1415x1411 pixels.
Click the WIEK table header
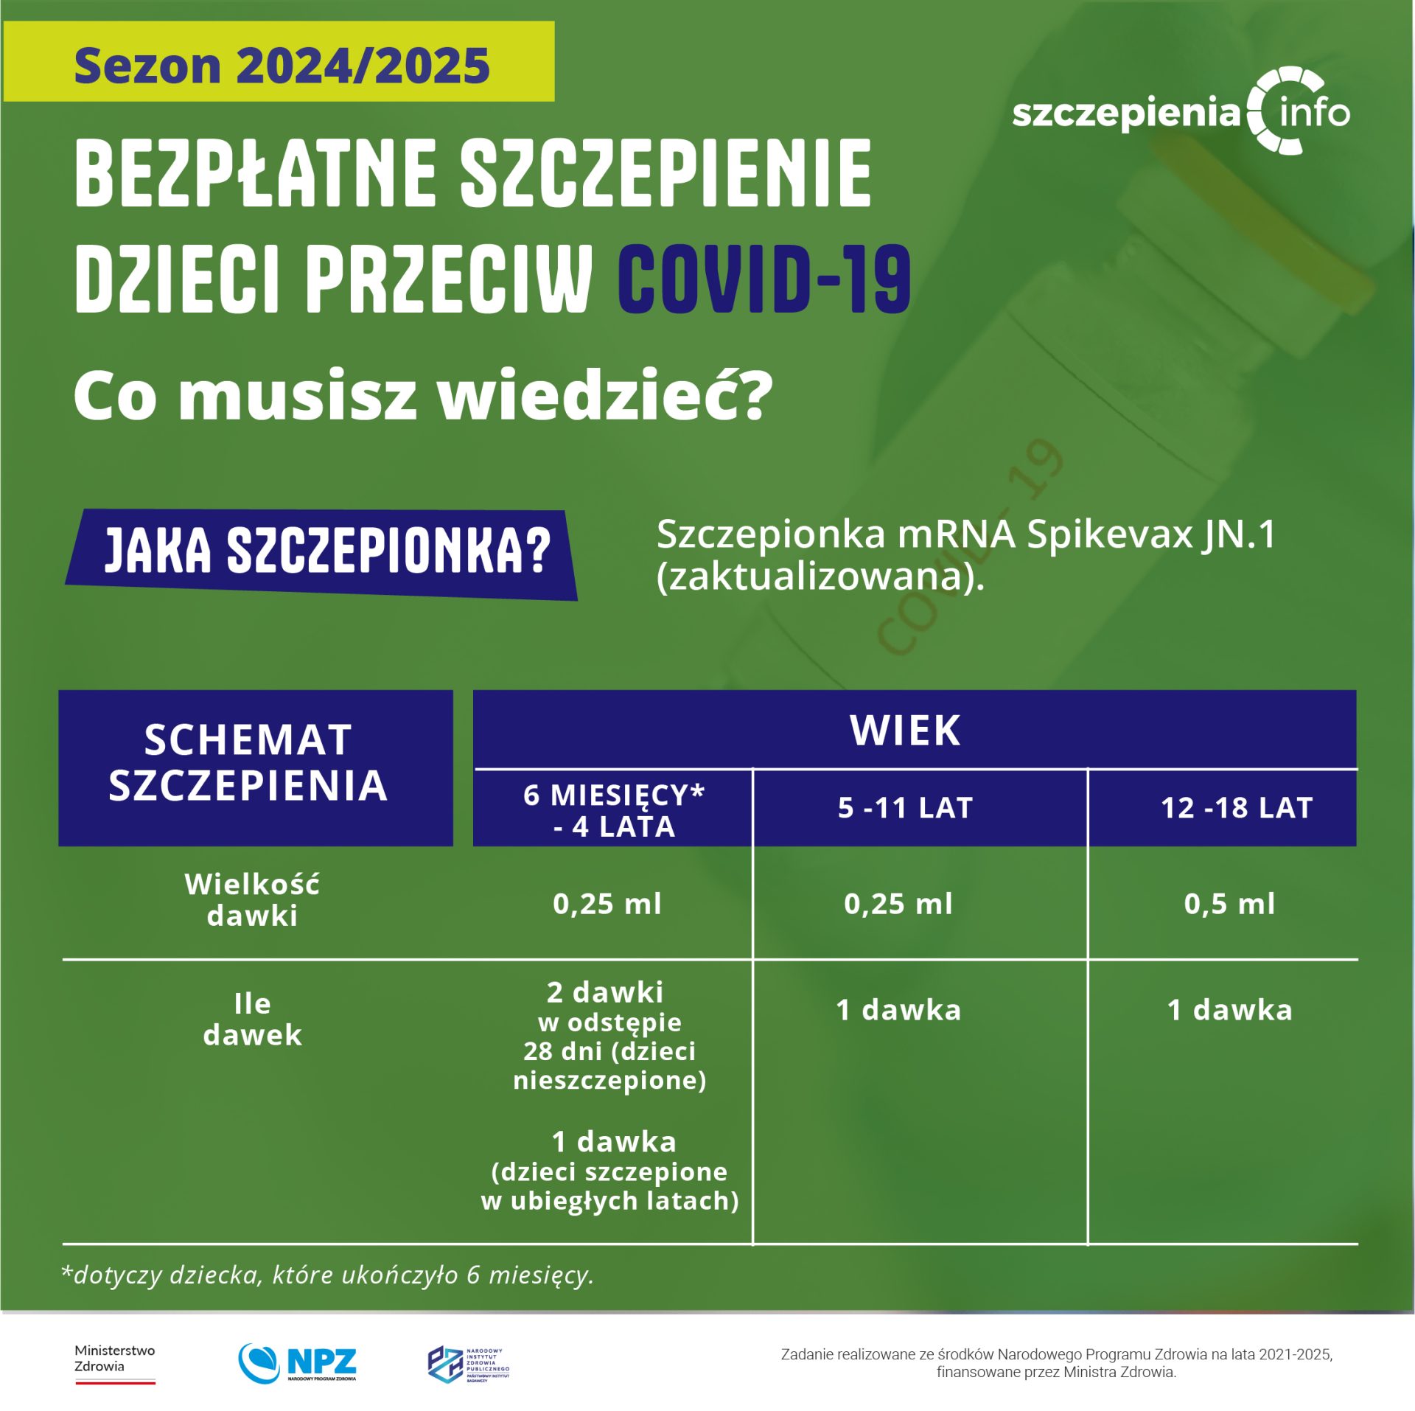click(x=905, y=730)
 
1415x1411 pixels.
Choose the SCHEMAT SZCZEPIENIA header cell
click(x=249, y=762)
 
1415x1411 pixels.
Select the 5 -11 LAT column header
click(x=905, y=808)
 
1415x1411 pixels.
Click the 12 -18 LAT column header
click(x=1236, y=808)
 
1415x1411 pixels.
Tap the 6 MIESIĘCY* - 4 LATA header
click(x=614, y=810)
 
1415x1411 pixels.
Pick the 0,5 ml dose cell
click(x=1229, y=904)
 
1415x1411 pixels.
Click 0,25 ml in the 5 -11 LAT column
click(x=898, y=904)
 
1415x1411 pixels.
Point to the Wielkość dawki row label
click(x=252, y=899)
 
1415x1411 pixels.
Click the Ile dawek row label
click(x=252, y=1019)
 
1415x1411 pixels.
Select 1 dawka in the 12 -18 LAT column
click(x=1229, y=1010)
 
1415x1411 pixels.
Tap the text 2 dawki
click(x=604, y=992)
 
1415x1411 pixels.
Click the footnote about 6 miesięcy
click(x=327, y=1275)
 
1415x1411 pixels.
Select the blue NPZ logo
click(x=298, y=1362)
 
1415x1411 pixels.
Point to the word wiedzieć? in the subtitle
click(x=604, y=397)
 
